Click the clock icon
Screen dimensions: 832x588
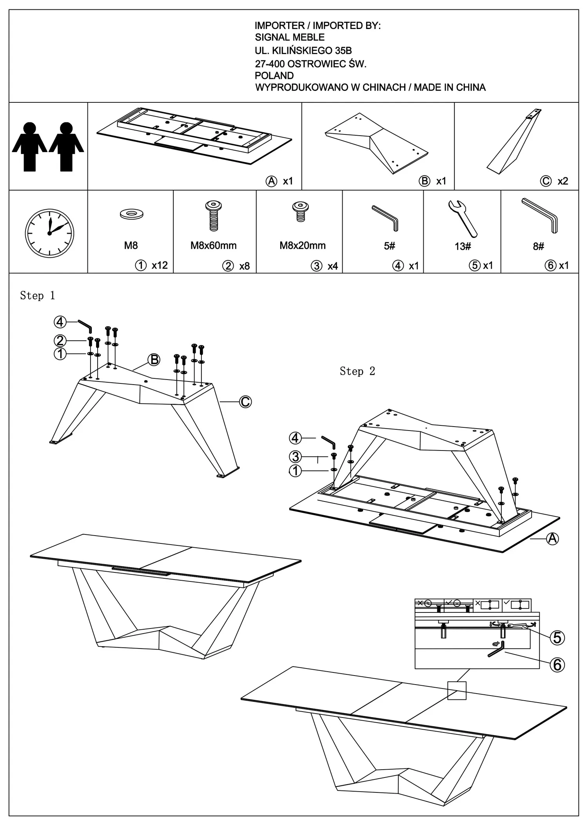[x=49, y=233]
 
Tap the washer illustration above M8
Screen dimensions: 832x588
[x=132, y=214]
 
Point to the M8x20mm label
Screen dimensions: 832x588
[x=302, y=246]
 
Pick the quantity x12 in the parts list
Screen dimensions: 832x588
[x=160, y=265]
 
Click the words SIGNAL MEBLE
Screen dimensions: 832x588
[x=290, y=38]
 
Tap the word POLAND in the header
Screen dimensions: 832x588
[x=274, y=76]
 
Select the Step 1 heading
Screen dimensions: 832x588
[x=38, y=296]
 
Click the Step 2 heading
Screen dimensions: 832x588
[x=357, y=371]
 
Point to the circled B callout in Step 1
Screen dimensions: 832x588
[x=154, y=360]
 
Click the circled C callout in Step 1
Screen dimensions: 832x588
[x=245, y=402]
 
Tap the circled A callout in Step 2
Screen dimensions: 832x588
[x=552, y=539]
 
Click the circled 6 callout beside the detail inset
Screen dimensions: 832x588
[x=557, y=665]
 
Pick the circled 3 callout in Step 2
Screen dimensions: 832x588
[x=296, y=457]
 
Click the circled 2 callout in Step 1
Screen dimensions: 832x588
[x=60, y=340]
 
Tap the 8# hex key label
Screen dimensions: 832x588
[x=538, y=246]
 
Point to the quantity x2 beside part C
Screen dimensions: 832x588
[x=563, y=181]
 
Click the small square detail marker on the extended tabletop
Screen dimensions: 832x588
[x=457, y=690]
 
